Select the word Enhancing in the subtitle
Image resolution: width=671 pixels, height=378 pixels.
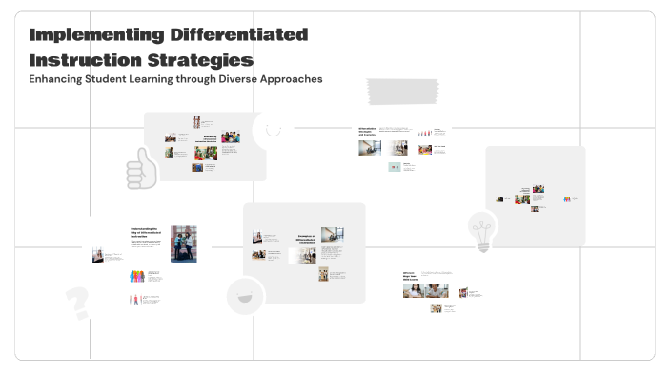pos(56,79)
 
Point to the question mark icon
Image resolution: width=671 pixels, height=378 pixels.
pos(77,302)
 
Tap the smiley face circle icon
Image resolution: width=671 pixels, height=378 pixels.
pos(245,296)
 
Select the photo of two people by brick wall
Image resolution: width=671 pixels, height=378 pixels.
pos(183,243)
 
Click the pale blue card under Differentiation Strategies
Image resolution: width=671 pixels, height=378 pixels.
pos(395,166)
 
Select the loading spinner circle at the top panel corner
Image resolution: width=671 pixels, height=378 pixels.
pos(274,130)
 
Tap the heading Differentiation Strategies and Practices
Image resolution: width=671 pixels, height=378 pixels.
pos(368,131)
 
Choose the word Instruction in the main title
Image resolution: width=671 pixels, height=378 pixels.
pos(85,59)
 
